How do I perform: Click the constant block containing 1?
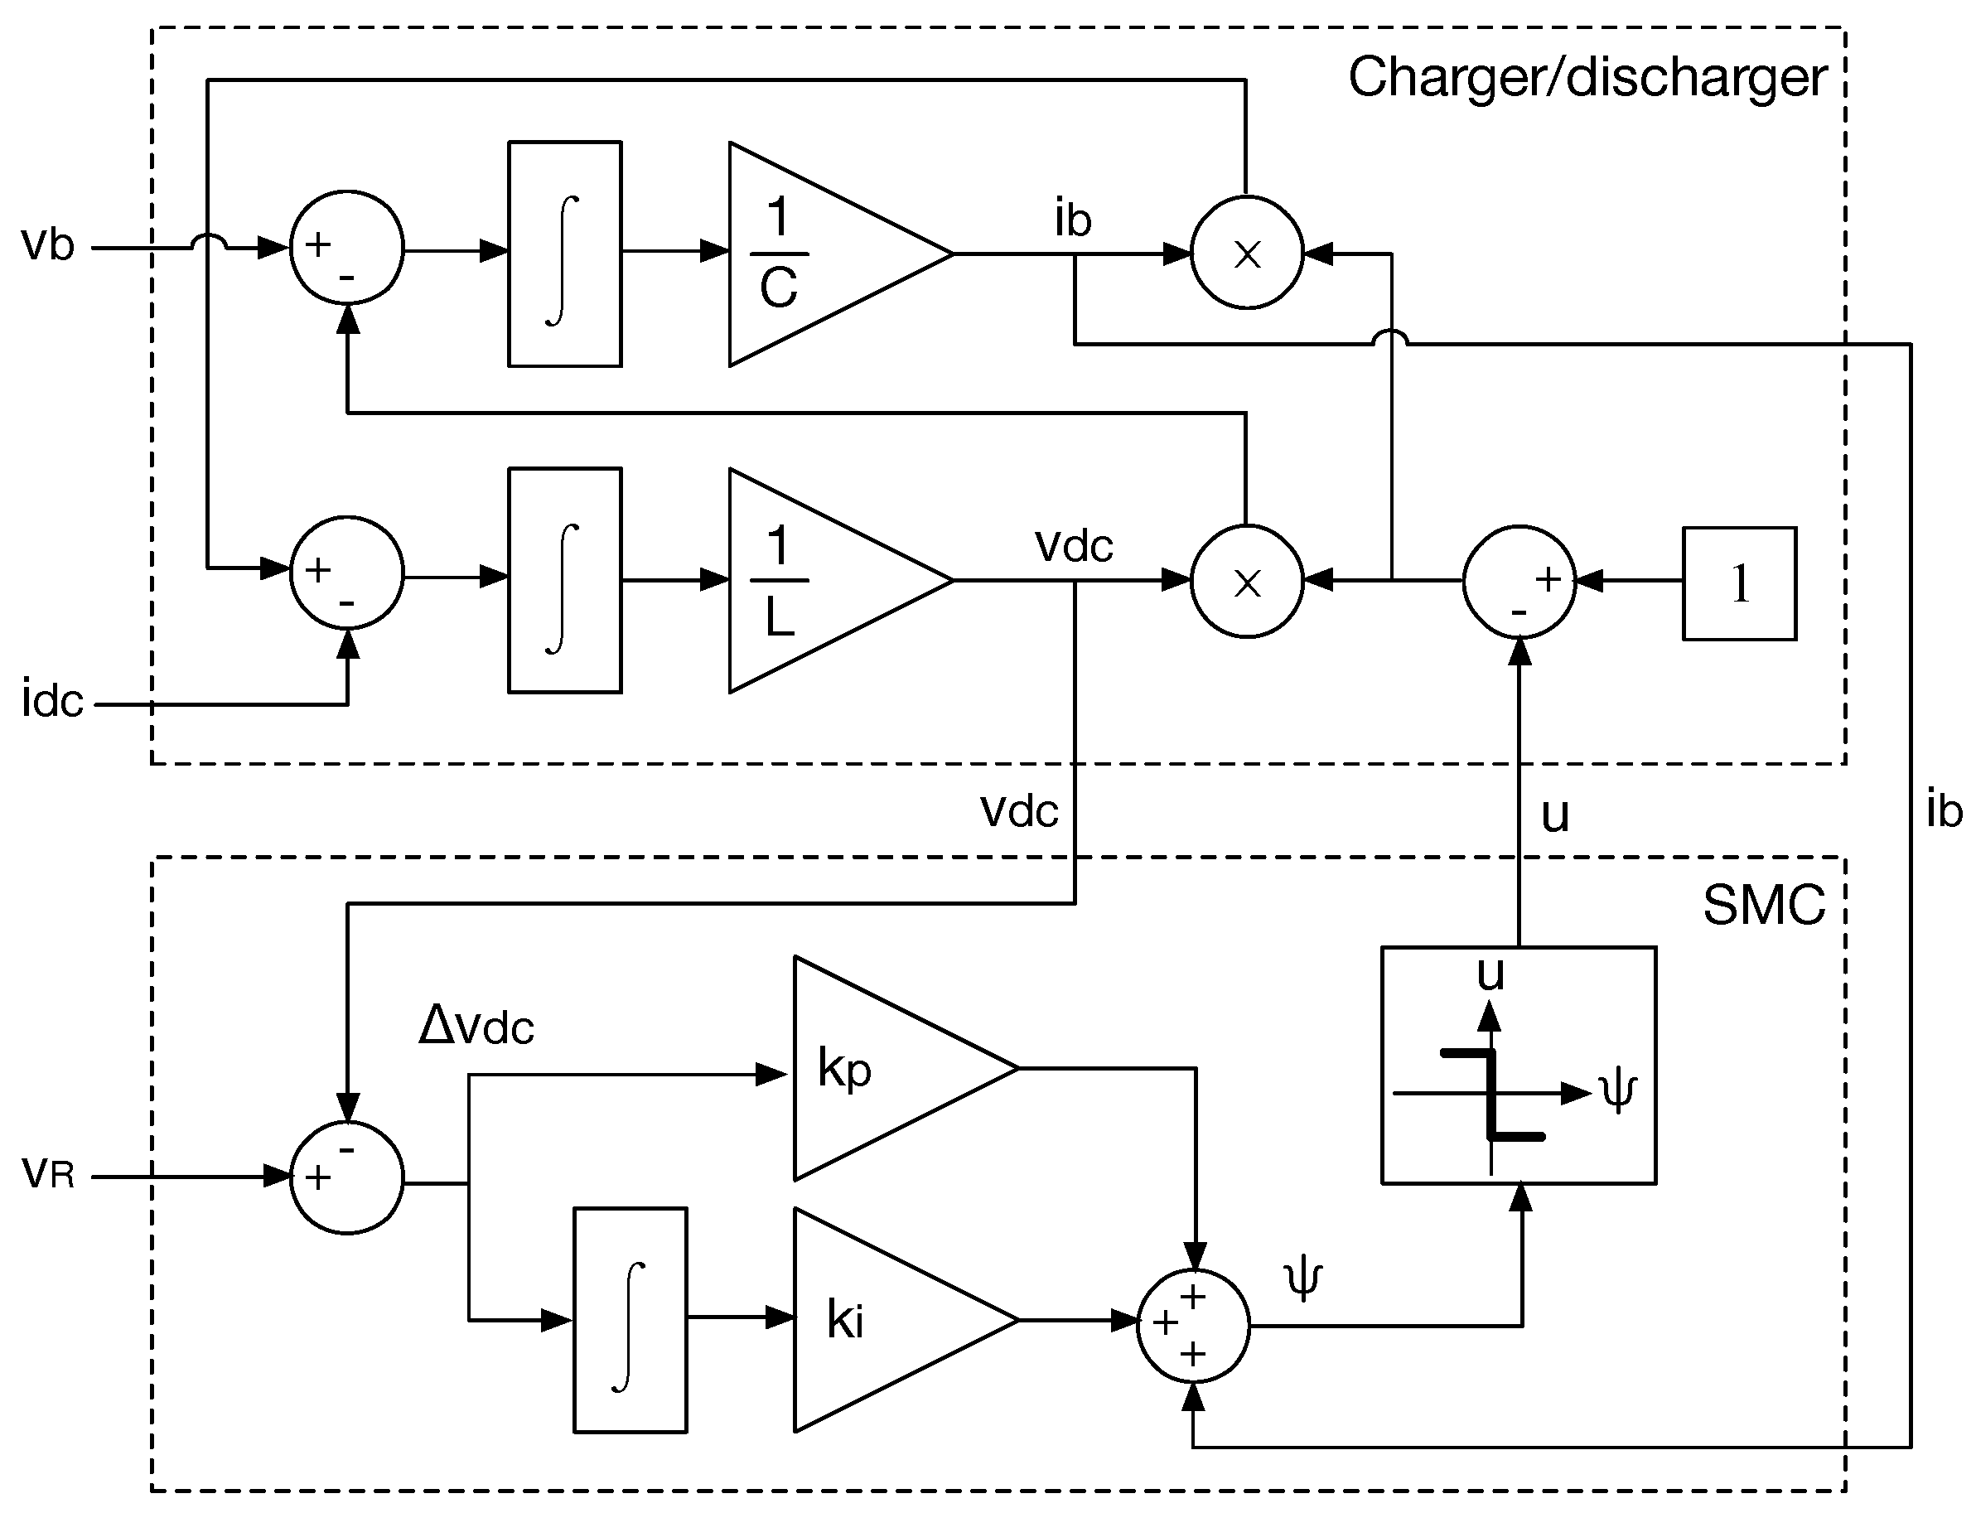(1739, 583)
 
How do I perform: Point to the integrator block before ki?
(630, 1320)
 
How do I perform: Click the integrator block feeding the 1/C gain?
(565, 254)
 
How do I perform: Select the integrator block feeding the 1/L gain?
(565, 581)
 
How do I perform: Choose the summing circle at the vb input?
(347, 248)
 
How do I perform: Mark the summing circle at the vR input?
(347, 1178)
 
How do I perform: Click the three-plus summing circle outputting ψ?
(1193, 1326)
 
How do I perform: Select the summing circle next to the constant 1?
(1519, 582)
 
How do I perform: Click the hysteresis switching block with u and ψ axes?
(1519, 1066)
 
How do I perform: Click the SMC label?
(1763, 906)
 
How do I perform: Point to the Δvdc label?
(476, 1026)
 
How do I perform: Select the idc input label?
(52, 702)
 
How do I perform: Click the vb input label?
(48, 245)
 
